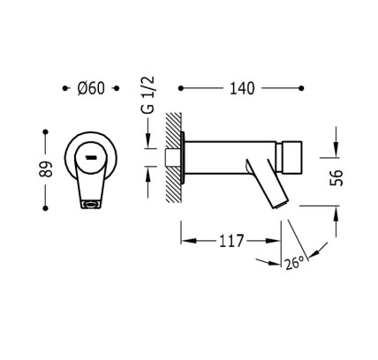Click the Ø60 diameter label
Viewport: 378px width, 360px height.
click(x=91, y=88)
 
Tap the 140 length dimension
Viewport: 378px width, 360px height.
click(x=242, y=88)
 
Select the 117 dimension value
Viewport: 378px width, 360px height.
click(x=231, y=241)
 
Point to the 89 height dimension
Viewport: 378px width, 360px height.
click(x=46, y=169)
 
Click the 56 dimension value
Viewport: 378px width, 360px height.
click(x=336, y=177)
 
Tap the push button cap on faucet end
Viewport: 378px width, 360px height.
click(x=289, y=157)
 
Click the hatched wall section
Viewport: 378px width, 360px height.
click(x=174, y=157)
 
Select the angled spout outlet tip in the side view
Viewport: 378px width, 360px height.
click(x=280, y=205)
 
